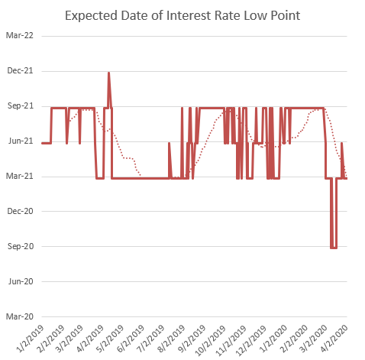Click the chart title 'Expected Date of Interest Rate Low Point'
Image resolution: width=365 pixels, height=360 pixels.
point(182,15)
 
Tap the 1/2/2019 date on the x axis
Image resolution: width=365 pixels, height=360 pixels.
point(30,337)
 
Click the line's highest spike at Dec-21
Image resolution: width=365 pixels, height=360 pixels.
point(109,73)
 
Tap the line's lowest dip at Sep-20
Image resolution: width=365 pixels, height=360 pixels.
point(334,247)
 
